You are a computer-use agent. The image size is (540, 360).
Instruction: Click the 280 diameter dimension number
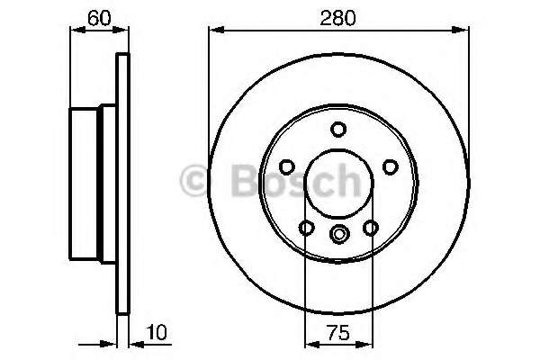(338, 16)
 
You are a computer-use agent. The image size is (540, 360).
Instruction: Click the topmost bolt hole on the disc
(338, 130)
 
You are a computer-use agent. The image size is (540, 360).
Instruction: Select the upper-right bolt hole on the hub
(390, 166)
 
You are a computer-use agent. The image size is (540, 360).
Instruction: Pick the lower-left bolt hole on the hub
(307, 227)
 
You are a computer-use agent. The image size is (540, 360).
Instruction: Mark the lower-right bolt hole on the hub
(370, 227)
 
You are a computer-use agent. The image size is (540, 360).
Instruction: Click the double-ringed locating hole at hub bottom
(338, 235)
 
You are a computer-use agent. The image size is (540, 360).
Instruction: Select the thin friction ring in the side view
(123, 184)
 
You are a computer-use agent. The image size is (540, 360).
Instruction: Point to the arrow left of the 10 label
(110, 343)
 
